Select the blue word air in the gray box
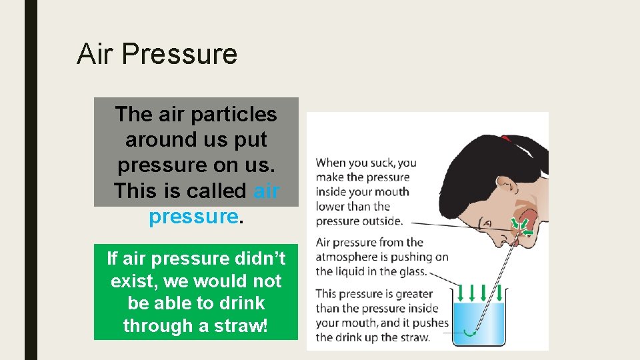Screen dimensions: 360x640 point(266,191)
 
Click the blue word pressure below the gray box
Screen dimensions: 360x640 point(193,216)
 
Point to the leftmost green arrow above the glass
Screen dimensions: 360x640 point(461,292)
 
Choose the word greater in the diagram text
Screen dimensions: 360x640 point(413,294)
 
